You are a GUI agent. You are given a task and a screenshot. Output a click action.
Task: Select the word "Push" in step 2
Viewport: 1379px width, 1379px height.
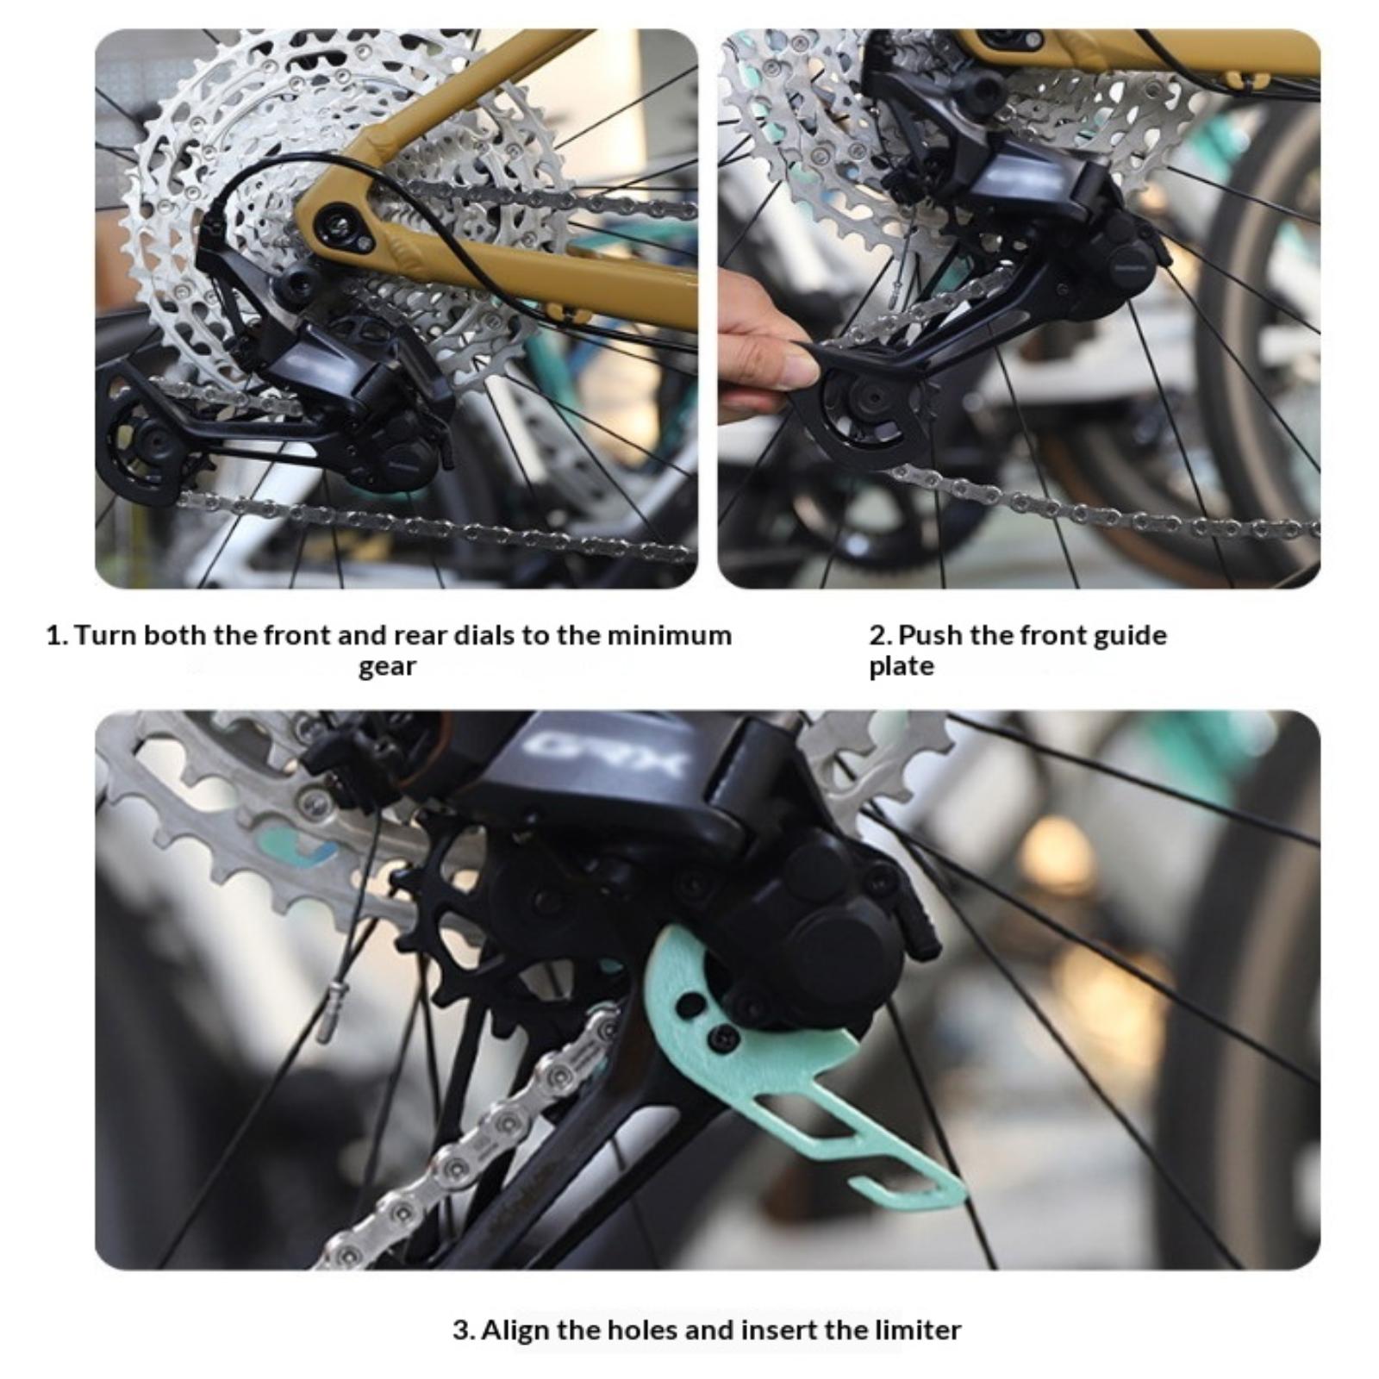930,635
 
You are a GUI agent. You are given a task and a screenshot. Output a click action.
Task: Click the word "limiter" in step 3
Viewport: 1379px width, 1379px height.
918,1330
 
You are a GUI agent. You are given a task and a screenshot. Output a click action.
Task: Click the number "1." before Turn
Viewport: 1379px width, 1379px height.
56,636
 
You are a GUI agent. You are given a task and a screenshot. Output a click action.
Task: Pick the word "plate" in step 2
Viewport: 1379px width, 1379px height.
902,667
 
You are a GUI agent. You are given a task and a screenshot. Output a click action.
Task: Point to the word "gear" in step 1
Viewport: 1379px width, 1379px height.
387,668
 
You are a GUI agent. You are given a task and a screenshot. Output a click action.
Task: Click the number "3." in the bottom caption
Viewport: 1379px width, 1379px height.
464,1330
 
